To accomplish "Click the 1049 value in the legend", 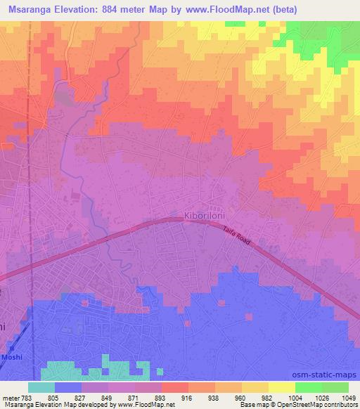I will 341,398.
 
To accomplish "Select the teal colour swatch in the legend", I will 41,387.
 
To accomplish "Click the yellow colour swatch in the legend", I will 281,387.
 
